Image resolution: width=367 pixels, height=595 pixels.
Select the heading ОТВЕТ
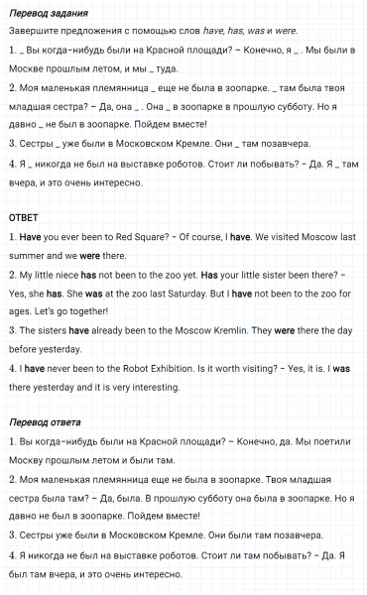tap(23, 218)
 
